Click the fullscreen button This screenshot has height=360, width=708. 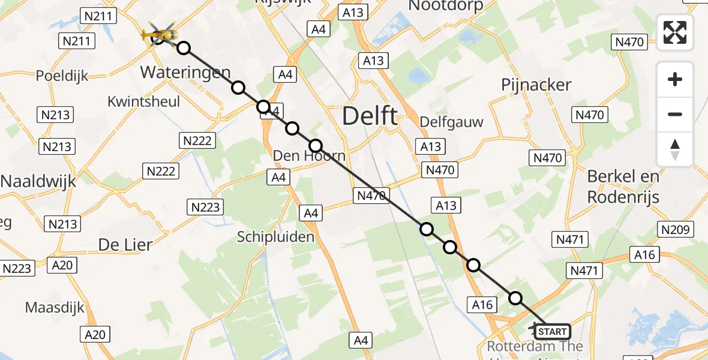click(675, 32)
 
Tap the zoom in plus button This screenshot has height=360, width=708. click(675, 79)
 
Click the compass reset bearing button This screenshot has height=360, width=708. click(675, 149)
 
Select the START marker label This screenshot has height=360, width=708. click(552, 332)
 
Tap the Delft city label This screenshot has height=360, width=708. click(370, 116)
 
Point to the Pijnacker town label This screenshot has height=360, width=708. click(536, 85)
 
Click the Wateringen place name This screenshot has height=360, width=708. click(185, 73)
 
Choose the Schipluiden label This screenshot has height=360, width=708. click(275, 237)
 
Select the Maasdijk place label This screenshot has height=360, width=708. click(55, 308)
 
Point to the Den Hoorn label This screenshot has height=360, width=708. click(309, 156)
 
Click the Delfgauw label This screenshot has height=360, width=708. click(451, 122)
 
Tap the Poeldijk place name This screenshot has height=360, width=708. click(62, 76)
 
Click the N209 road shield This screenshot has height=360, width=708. click(676, 229)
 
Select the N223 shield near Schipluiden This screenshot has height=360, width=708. click(206, 208)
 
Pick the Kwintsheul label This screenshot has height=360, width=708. click(143, 101)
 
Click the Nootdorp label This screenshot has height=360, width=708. click(445, 6)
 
